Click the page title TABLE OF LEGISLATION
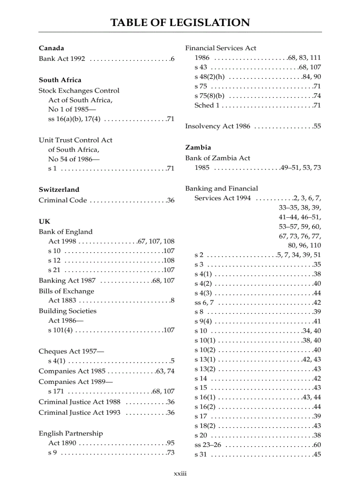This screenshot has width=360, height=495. pyautogui.click(x=180, y=22)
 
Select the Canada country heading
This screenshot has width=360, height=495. pyautogui.click(x=51, y=48)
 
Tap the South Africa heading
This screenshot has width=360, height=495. pyautogui.click(x=60, y=80)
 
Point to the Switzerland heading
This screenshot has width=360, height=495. pyautogui.click(x=59, y=190)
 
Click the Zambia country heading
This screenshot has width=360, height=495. pyautogui.click(x=198, y=147)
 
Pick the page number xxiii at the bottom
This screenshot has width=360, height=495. pyautogui.click(x=180, y=473)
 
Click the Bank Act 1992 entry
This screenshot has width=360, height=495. pyautogui.click(x=62, y=59)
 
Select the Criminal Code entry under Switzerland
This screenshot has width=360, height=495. pyautogui.click(x=63, y=200)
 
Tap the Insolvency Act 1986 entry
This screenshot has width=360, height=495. pyautogui.click(x=217, y=126)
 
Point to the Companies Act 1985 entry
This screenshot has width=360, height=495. pyautogui.click(x=72, y=371)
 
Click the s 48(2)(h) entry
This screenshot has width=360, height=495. pyautogui.click(x=210, y=77)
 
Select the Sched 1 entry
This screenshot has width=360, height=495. pyautogui.click(x=207, y=105)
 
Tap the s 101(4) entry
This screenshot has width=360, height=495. pyautogui.click(x=61, y=330)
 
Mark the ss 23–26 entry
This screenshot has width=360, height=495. pyautogui.click(x=208, y=445)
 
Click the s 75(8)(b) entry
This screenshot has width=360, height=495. pyautogui.click(x=210, y=96)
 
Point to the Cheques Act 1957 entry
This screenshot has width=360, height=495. pyautogui.click(x=71, y=351)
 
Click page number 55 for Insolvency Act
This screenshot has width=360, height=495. pyautogui.click(x=317, y=126)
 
